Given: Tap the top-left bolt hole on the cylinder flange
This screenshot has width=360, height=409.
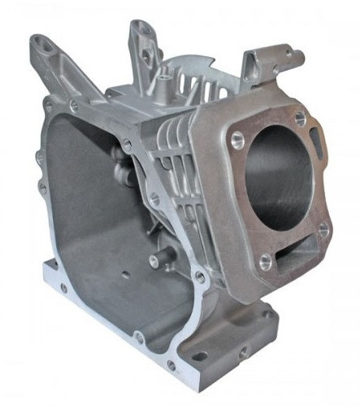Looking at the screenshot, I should (x=236, y=137).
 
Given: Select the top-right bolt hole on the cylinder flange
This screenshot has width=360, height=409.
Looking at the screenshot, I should (x=300, y=118).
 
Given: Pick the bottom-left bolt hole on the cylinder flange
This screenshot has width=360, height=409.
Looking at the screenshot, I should (x=264, y=262).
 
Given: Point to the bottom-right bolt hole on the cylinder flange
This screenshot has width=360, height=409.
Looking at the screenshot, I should (x=323, y=231).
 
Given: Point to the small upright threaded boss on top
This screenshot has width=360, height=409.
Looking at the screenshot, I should (x=167, y=89).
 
